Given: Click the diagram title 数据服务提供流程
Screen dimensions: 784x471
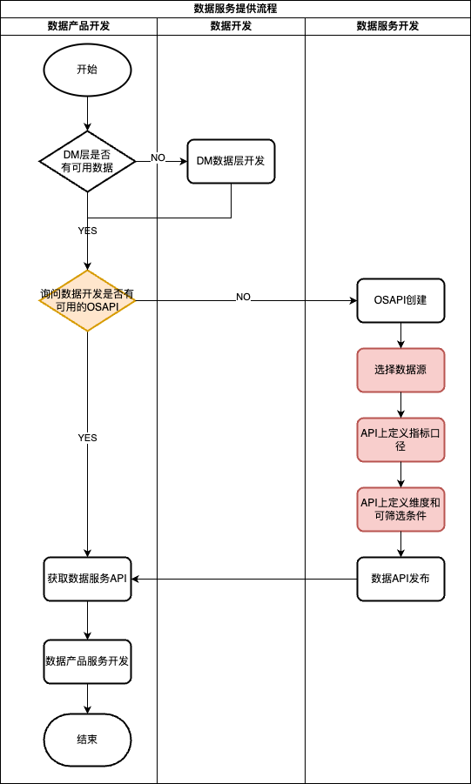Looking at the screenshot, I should click(x=235, y=9).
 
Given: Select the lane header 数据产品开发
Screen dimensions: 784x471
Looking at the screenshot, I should click(x=78, y=26).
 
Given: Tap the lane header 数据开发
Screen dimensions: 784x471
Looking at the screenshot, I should click(x=231, y=26).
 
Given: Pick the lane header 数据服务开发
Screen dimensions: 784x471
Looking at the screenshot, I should click(x=387, y=26).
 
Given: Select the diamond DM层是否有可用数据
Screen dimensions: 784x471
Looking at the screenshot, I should click(x=87, y=161).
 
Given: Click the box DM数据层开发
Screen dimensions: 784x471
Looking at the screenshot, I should click(x=231, y=161).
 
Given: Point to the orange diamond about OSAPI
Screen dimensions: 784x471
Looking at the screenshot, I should click(x=87, y=300).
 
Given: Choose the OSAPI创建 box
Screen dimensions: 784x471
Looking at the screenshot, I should click(x=400, y=300).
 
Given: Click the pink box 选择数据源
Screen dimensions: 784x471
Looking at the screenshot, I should click(x=400, y=370).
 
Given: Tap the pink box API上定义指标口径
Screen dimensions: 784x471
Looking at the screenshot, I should click(x=400, y=439).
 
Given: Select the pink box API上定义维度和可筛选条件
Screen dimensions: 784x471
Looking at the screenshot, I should click(x=400, y=509).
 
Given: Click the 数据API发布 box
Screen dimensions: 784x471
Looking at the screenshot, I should click(x=400, y=579).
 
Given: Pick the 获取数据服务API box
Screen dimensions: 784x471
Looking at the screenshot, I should click(x=87, y=579).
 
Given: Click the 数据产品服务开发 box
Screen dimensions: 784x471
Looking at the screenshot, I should click(x=87, y=661).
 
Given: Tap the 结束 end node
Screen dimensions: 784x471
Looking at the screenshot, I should click(x=87, y=740).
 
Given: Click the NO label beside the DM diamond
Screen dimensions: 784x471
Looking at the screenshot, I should click(x=158, y=157).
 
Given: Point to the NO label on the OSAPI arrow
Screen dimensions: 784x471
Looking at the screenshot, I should click(x=243, y=298).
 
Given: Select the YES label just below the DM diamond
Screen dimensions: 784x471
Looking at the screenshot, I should click(x=87, y=231).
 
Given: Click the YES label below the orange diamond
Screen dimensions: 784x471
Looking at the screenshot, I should click(x=87, y=438).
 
